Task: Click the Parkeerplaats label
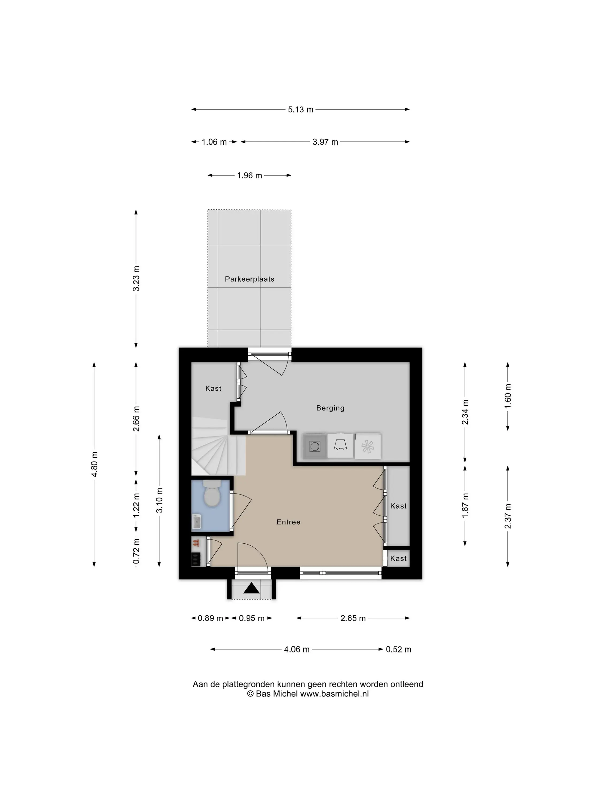tap(249, 279)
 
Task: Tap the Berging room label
tap(330, 408)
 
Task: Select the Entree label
tap(288, 522)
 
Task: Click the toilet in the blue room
tap(212, 493)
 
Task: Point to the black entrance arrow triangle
tap(252, 588)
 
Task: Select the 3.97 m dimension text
tap(325, 142)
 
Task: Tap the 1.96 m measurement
tap(249, 176)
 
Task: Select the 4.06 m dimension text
tap(296, 649)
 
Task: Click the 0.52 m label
tap(398, 649)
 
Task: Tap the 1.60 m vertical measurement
tap(508, 396)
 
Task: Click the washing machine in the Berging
tap(315, 446)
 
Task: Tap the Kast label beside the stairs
tap(213, 388)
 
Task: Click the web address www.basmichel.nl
tap(334, 694)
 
